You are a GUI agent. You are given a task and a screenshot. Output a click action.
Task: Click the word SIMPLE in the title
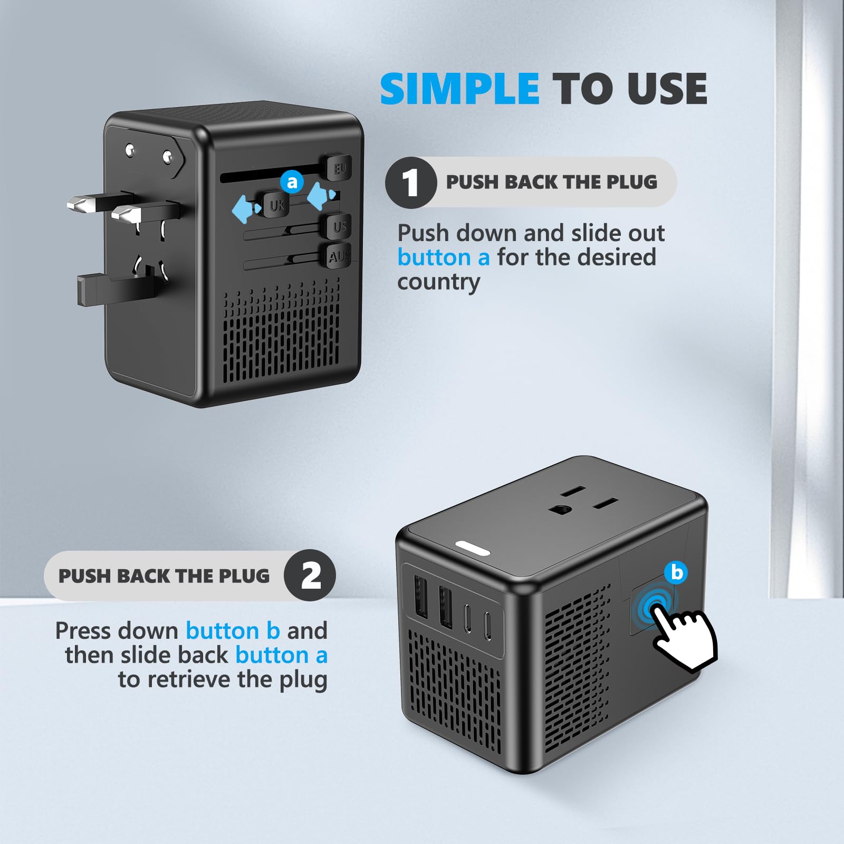coord(459,89)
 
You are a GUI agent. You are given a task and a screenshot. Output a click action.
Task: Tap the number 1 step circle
coord(410,183)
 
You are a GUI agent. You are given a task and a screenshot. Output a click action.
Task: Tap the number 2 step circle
coord(310,576)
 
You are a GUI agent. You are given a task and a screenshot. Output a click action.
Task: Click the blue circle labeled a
coord(292,182)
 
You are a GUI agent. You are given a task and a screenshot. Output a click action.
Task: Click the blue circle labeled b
coord(676,572)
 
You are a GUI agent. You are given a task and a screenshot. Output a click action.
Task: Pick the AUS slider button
coord(339,256)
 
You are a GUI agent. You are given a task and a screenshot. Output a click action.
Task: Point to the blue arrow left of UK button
coord(246,209)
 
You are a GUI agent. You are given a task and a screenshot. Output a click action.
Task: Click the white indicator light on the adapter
coord(473,549)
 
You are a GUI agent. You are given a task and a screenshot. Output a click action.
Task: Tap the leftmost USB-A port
coord(421,597)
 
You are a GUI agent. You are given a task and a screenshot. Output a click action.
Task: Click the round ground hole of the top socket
coord(561,510)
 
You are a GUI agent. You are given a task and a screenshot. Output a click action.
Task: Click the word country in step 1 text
coord(438,282)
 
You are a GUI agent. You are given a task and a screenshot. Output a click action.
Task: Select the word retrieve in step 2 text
coord(193,679)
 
